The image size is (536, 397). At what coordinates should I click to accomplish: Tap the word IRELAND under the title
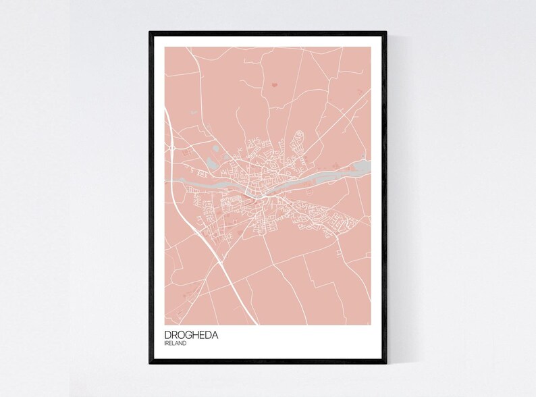coord(176,344)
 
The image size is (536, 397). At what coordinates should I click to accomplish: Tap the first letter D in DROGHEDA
coord(167,334)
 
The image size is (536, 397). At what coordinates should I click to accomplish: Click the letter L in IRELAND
coord(174,344)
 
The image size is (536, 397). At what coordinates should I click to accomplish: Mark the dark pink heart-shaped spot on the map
coord(275,85)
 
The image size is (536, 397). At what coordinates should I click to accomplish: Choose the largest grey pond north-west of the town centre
coord(213,162)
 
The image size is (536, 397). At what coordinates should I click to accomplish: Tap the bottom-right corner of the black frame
coord(385,363)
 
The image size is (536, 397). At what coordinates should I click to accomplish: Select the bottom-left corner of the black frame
coord(151,363)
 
